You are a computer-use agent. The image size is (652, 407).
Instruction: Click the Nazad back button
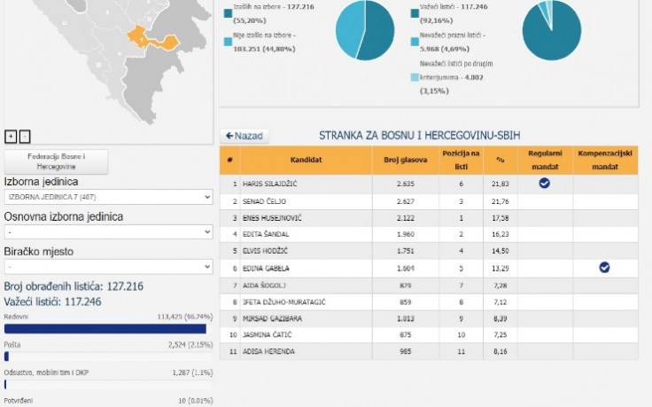244,136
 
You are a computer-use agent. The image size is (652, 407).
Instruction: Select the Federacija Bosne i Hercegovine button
57,161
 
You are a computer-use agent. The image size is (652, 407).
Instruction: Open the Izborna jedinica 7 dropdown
108,197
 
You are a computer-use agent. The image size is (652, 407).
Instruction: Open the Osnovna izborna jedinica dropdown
108,231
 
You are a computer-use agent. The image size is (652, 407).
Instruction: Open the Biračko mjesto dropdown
108,266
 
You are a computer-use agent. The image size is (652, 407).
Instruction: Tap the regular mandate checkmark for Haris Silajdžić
545,183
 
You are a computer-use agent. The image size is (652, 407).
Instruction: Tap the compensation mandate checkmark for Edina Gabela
604,267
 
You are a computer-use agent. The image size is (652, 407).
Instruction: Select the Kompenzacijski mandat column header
604,160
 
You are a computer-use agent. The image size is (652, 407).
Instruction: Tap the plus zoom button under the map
11,136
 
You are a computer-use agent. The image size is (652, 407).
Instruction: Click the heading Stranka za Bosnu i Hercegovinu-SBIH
419,136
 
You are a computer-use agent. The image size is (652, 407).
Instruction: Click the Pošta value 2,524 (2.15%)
187,343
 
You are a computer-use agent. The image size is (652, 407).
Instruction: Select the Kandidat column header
306,160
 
